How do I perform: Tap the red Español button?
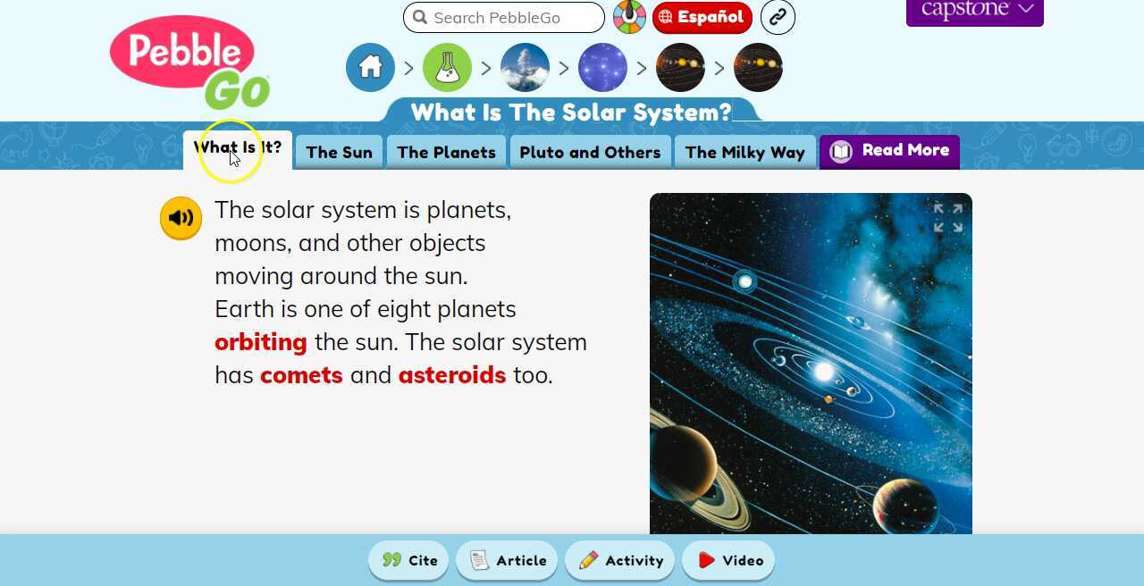click(702, 17)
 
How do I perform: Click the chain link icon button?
click(778, 17)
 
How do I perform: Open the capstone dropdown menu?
click(975, 11)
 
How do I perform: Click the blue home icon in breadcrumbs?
click(370, 68)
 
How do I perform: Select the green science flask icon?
click(447, 68)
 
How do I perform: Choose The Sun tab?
click(339, 152)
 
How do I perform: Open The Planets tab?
click(446, 152)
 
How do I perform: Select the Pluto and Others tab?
click(590, 152)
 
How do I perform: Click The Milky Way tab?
click(744, 152)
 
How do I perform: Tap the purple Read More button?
click(889, 151)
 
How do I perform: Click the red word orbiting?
click(261, 342)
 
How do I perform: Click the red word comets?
click(301, 375)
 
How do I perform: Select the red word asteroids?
click(452, 375)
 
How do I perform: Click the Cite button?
click(410, 560)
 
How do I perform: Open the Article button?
click(507, 560)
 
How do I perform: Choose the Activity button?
click(620, 560)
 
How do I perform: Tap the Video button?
click(728, 560)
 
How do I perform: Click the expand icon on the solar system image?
click(948, 218)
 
